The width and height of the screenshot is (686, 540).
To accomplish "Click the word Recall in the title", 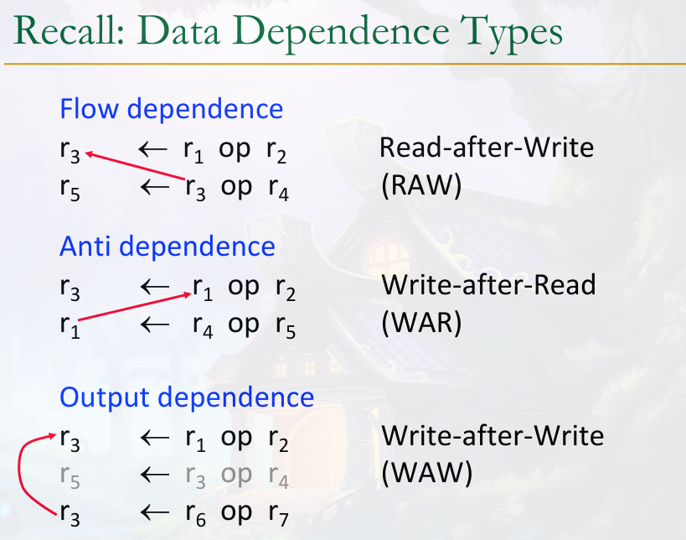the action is [x=70, y=31].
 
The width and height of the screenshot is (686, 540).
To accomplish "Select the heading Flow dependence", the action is [x=171, y=109].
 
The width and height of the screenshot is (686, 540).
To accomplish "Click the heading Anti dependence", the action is [x=168, y=246].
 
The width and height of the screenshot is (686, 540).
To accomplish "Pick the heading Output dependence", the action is [x=187, y=397].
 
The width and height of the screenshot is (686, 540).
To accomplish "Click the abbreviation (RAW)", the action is [x=421, y=185].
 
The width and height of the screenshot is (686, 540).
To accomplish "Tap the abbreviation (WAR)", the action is [x=421, y=323].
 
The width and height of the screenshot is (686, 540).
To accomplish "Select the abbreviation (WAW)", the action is [x=427, y=474].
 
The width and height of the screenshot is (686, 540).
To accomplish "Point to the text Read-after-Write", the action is [x=487, y=148].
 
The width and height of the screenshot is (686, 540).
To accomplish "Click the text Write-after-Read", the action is [x=488, y=285].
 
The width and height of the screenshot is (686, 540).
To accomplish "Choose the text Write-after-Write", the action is [x=493, y=436].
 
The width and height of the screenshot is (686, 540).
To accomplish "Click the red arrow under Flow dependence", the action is [x=135, y=166].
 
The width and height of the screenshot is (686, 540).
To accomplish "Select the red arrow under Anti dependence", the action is [x=135, y=307].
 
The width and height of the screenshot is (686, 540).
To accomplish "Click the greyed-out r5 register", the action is [x=70, y=476].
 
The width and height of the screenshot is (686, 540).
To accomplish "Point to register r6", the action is [x=195, y=514].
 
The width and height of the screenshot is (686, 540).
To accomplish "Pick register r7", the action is [x=279, y=514].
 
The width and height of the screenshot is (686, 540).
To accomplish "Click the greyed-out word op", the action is [x=236, y=475].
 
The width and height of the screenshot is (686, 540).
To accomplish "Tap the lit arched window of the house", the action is [x=387, y=258].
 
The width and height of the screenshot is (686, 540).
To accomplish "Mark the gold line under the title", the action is [x=345, y=64].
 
